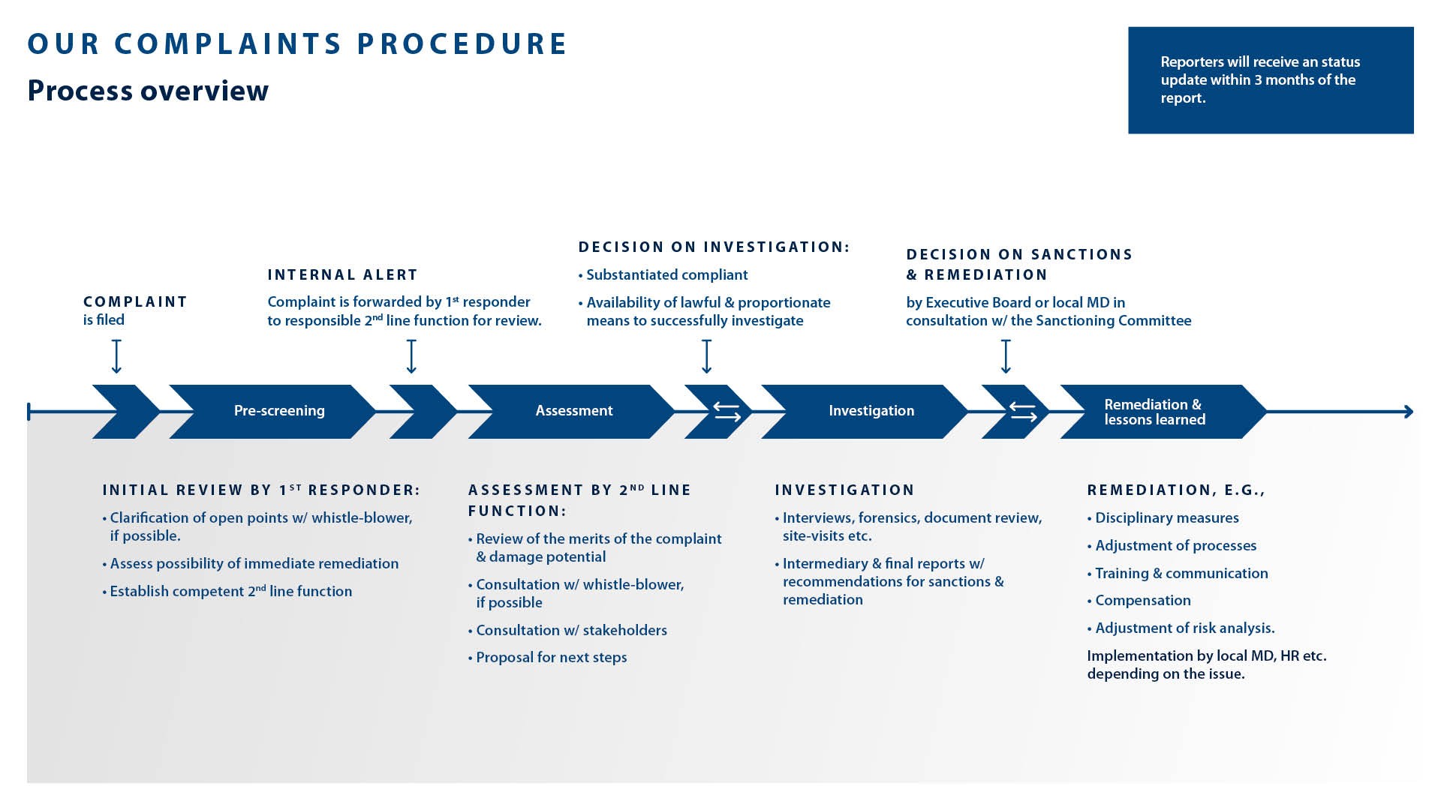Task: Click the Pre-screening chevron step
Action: click(278, 411)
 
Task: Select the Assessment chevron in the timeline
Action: click(573, 411)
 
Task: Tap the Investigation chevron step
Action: click(871, 411)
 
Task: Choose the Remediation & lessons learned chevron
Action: click(1154, 412)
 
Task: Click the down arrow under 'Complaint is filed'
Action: click(116, 356)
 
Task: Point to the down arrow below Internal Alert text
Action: click(411, 356)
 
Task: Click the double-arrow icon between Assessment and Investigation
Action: click(726, 412)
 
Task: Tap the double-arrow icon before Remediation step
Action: click(1022, 412)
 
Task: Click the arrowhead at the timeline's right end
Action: click(1408, 412)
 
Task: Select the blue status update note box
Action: click(1270, 80)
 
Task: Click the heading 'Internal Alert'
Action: click(342, 275)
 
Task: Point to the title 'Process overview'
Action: click(148, 91)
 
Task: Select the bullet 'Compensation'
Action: click(1142, 601)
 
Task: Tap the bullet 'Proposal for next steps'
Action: click(551, 658)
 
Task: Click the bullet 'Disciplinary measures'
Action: click(1166, 518)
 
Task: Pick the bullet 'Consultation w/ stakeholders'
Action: click(571, 631)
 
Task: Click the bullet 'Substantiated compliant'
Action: click(666, 275)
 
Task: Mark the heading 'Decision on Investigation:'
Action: click(714, 247)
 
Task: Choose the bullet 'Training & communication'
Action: click(1181, 574)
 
